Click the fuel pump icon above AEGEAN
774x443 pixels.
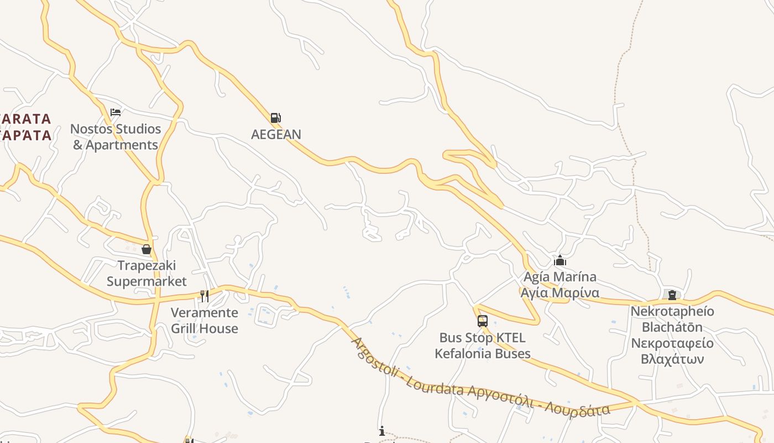pos(275,117)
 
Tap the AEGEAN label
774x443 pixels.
pos(276,135)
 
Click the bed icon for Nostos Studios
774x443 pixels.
pos(116,112)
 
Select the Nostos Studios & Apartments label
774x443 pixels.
pos(116,137)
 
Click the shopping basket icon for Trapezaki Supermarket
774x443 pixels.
pos(147,250)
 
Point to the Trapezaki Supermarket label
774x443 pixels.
pos(147,274)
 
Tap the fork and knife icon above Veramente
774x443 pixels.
pos(205,296)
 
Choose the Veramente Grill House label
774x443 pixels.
pos(205,321)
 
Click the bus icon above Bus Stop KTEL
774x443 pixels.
pos(483,321)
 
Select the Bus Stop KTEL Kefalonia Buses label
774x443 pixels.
pos(483,346)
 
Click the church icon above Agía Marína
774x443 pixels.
pos(560,260)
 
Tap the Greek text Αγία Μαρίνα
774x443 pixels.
pos(560,292)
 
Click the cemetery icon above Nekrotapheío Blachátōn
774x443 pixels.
pos(672,295)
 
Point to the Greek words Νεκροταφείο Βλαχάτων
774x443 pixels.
pos(672,351)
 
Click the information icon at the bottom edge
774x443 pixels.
pos(381,431)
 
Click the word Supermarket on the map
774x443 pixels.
pos(147,281)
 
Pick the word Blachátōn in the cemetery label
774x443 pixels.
pos(672,327)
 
